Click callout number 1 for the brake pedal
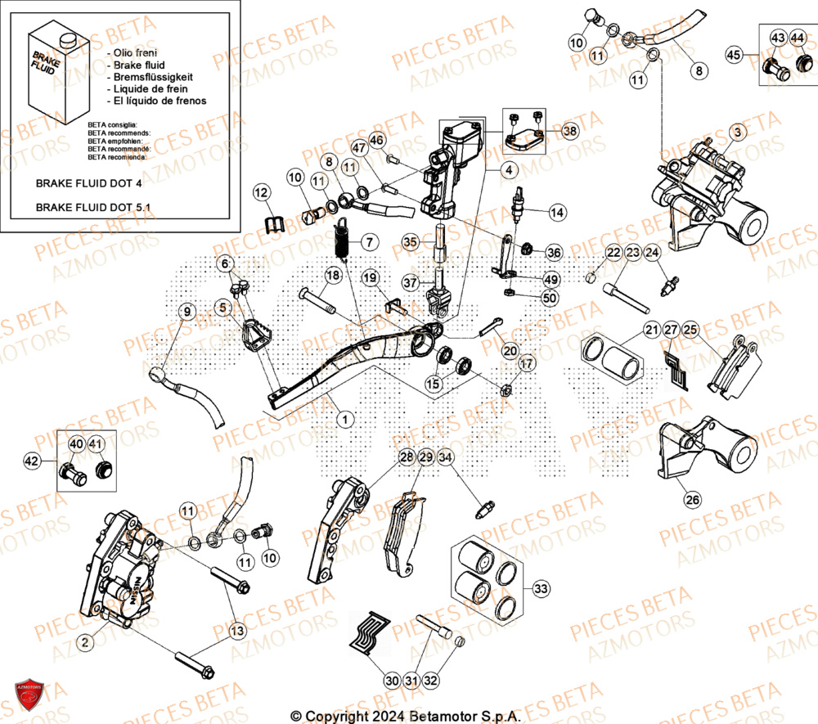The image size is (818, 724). [345, 419]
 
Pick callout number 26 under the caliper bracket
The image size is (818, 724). [692, 498]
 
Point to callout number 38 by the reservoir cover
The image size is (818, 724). [569, 130]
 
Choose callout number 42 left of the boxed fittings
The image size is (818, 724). [31, 461]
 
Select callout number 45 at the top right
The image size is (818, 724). [734, 54]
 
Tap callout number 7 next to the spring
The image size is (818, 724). [368, 242]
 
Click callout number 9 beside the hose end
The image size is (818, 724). [186, 311]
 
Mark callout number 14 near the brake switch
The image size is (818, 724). [557, 212]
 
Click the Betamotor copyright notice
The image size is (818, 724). [406, 715]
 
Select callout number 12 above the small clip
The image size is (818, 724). [261, 193]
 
